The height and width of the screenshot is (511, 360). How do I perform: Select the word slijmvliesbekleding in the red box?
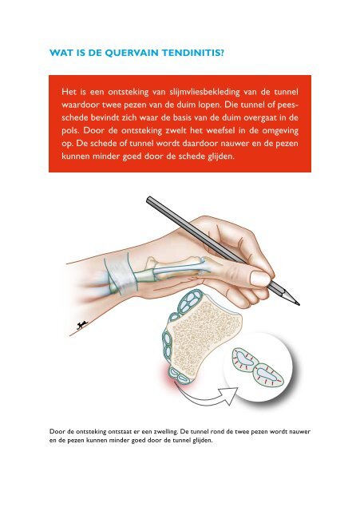(x=205, y=93)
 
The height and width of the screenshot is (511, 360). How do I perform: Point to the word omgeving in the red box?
(x=280, y=131)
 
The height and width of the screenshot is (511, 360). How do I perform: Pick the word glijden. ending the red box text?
(x=221, y=156)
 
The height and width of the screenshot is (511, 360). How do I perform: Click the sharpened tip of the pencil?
(x=298, y=303)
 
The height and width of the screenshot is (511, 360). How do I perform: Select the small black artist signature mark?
(x=82, y=325)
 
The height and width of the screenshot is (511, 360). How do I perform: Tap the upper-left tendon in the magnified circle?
(x=244, y=358)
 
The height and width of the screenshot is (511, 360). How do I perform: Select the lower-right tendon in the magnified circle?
(x=267, y=374)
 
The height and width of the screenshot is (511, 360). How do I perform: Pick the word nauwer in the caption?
(x=299, y=432)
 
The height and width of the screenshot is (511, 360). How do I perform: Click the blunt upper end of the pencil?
(x=148, y=199)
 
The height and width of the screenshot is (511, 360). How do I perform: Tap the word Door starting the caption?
(x=57, y=432)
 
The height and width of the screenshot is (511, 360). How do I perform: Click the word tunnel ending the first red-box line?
(x=286, y=93)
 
